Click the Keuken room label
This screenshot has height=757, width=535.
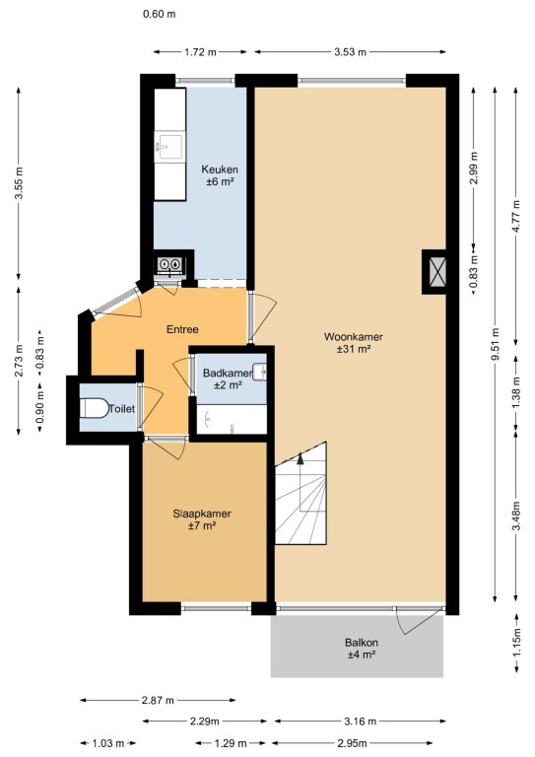[x=220, y=175]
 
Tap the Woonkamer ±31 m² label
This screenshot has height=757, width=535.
[x=354, y=343]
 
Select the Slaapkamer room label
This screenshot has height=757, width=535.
[x=202, y=520]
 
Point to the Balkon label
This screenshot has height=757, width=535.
[x=362, y=649]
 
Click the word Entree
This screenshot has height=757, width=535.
[x=182, y=329]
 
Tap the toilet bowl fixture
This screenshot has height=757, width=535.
[x=94, y=408]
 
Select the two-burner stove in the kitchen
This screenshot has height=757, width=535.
[x=169, y=264]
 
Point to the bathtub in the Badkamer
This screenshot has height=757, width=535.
[x=232, y=419]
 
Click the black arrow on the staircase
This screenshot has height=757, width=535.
[x=301, y=458]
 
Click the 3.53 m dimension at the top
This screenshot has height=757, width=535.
[x=350, y=52]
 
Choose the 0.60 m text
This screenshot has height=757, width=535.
[x=160, y=14]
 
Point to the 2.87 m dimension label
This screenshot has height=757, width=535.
[x=158, y=700]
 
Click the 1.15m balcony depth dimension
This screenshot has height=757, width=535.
[x=516, y=642]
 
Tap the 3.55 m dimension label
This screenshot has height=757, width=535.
[x=19, y=183]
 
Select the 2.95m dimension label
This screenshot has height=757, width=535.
[x=352, y=743]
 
